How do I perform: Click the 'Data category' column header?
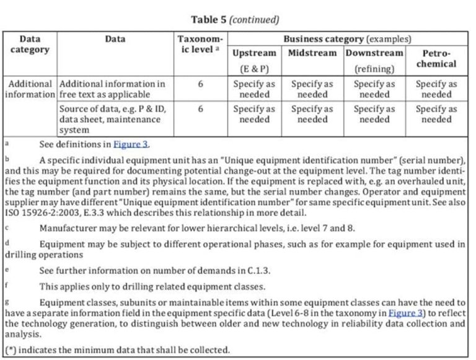click(x=30, y=44)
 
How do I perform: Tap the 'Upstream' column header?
click(x=254, y=53)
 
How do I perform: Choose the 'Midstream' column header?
click(x=312, y=53)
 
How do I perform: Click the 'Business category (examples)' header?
click(x=347, y=39)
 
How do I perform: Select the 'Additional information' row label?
click(x=30, y=89)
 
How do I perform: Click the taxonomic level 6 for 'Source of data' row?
click(x=201, y=108)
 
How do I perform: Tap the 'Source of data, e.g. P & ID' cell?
click(x=113, y=119)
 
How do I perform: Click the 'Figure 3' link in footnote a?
click(x=130, y=144)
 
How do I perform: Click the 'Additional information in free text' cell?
click(x=113, y=89)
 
